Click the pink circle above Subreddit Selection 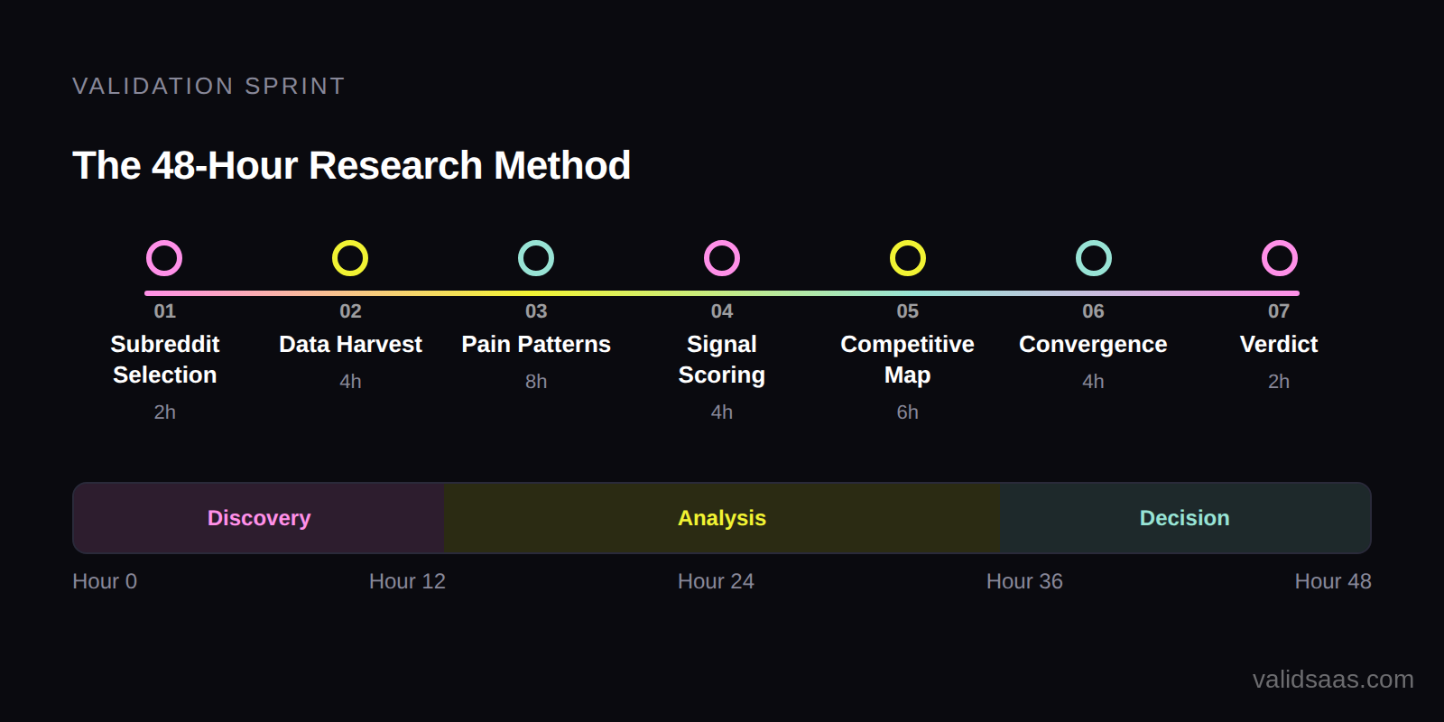click(164, 258)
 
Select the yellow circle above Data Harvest click(350, 258)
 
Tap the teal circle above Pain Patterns click(536, 258)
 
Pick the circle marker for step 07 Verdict click(1279, 258)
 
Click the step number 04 click(722, 311)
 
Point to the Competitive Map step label click(907, 359)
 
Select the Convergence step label click(1093, 344)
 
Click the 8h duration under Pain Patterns click(536, 382)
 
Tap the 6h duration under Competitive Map click(907, 412)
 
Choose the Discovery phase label click(259, 518)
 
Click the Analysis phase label click(722, 518)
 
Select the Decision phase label click(1184, 518)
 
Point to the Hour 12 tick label click(407, 581)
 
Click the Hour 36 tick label click(1024, 581)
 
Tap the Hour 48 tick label click(1332, 581)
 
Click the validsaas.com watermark click(1332, 680)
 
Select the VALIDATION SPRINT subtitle click(208, 86)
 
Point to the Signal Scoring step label click(722, 359)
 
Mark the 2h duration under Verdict click(1279, 382)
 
